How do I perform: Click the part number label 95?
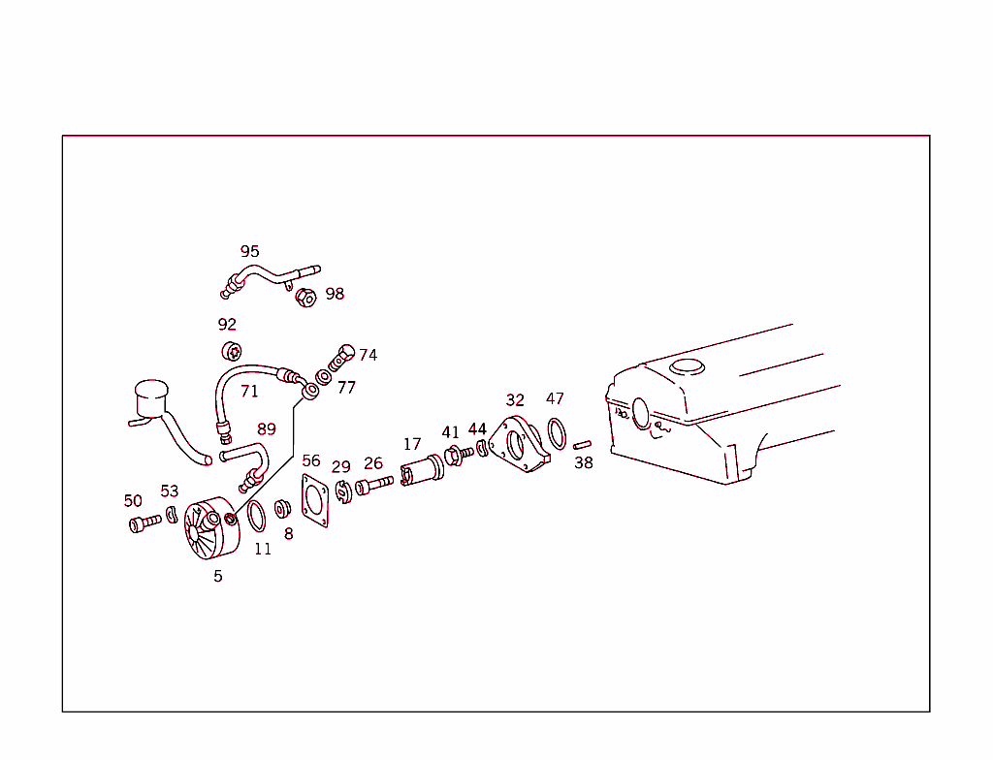point(249,251)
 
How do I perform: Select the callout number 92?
point(227,324)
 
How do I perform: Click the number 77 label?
point(346,387)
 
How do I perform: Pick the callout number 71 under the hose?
point(249,392)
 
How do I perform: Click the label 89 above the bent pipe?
point(267,429)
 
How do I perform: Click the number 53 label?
point(170,491)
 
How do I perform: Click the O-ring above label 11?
point(256,516)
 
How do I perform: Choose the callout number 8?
point(288,533)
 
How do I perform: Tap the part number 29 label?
point(340,467)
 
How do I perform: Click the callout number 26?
point(373,463)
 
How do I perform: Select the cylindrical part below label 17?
point(422,472)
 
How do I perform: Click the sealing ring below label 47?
point(557,433)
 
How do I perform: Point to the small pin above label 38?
point(582,445)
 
